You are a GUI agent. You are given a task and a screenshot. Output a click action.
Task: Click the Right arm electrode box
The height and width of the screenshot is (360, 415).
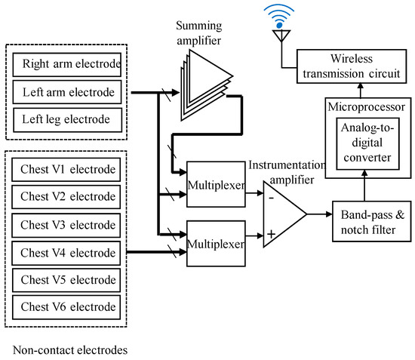point(67,64)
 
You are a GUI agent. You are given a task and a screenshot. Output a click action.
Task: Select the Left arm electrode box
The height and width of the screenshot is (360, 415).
point(67,92)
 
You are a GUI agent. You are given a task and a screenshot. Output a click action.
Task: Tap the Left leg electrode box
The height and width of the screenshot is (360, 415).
point(67,119)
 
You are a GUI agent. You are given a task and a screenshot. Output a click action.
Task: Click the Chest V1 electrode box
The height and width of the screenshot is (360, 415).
point(67,168)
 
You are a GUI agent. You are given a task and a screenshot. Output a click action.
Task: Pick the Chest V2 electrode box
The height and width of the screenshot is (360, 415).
point(67,196)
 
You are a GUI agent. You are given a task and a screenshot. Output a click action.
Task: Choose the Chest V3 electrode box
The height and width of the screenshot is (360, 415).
point(67,224)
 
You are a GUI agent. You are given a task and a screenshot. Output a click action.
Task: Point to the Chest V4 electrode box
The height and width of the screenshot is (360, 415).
point(67,252)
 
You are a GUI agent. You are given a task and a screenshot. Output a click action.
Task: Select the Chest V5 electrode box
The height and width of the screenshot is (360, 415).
point(67,279)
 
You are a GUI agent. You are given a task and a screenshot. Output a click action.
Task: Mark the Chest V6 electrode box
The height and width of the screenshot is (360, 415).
point(67,306)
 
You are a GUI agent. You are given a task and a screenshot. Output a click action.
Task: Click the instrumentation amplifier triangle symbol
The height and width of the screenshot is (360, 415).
point(282,214)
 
